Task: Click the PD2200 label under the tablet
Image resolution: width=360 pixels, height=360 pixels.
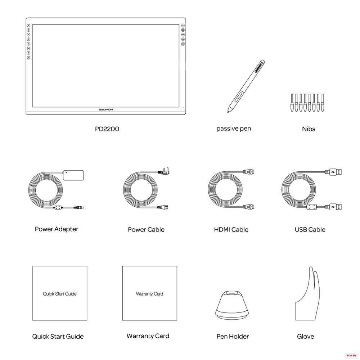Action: (107, 129)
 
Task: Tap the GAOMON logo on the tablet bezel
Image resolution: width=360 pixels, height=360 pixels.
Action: (106, 110)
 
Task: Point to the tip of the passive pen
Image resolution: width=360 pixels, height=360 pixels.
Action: (228, 112)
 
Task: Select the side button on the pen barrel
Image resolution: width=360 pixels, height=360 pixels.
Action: (238, 96)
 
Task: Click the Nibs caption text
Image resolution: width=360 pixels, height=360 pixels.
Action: (309, 129)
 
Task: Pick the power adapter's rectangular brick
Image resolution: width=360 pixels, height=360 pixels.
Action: (73, 175)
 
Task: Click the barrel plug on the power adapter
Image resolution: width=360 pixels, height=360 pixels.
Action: (79, 208)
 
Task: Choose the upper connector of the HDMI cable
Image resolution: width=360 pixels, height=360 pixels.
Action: (249, 172)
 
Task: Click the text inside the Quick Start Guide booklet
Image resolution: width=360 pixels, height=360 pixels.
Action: (60, 294)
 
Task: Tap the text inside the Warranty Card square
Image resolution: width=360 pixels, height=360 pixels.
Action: (149, 294)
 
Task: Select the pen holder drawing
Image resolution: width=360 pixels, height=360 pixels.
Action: (232, 305)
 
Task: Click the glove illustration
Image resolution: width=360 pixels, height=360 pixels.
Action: (307, 293)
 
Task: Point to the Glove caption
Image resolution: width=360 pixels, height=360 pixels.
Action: (305, 337)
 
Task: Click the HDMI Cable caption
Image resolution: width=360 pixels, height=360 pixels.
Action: (231, 230)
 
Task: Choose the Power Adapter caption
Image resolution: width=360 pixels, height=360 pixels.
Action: (57, 229)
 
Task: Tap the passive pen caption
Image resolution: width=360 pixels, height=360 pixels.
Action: (234, 129)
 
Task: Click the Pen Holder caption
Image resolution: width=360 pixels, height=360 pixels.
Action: (233, 337)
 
